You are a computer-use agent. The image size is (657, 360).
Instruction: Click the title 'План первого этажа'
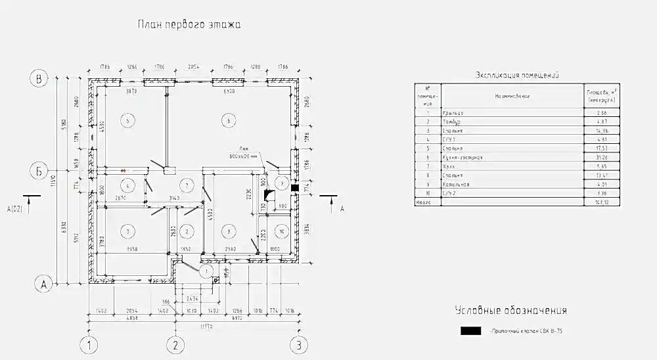tap(189, 26)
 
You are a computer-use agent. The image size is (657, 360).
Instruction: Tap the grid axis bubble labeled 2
tap(175, 344)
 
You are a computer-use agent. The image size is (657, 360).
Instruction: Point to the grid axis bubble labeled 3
tap(298, 344)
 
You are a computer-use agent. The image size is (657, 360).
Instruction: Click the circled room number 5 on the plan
tap(127, 120)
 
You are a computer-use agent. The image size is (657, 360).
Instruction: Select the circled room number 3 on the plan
tap(127, 230)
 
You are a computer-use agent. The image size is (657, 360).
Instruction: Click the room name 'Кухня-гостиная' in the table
tap(466, 158)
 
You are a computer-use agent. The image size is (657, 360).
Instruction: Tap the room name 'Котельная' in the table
tap(460, 185)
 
